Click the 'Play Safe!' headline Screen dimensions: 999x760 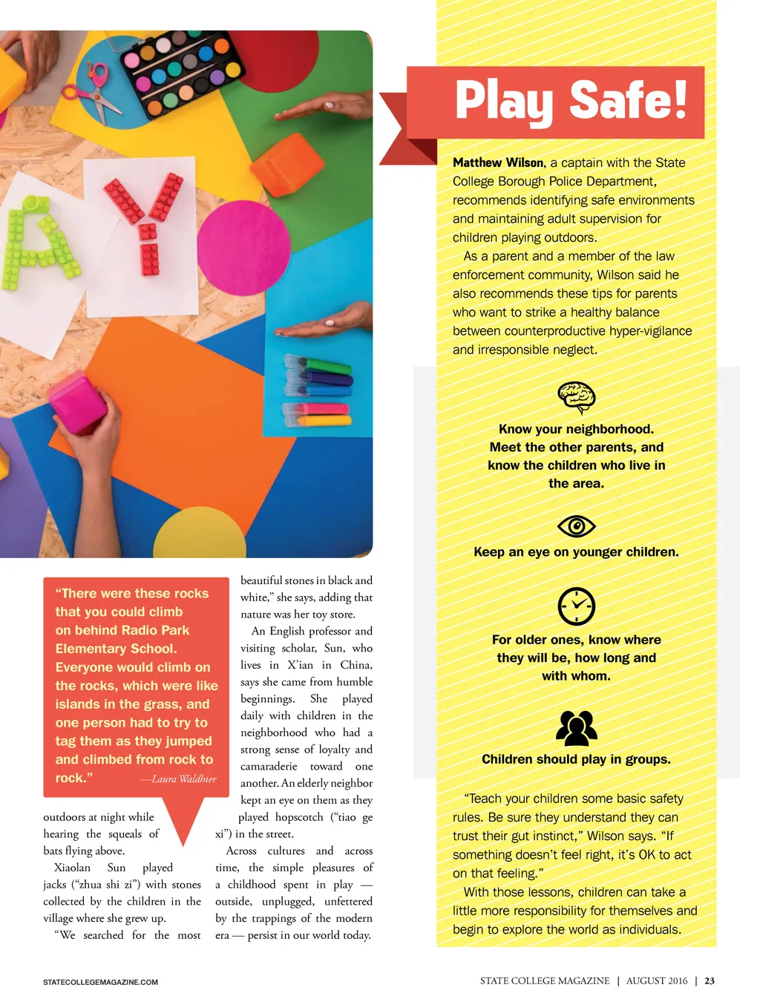tap(570, 101)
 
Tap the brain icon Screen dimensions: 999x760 tap(577, 396)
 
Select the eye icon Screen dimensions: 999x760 tap(577, 526)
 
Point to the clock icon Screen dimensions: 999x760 tap(577, 606)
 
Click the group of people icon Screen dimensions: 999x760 tap(577, 728)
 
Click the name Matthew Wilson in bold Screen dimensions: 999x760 tap(499, 163)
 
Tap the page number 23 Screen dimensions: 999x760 tap(710, 980)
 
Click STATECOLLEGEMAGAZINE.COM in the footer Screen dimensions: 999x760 tap(100, 982)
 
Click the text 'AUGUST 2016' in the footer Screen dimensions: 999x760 tap(657, 980)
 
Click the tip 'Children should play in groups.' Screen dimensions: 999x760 tap(576, 759)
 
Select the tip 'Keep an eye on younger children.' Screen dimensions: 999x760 tap(576, 552)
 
